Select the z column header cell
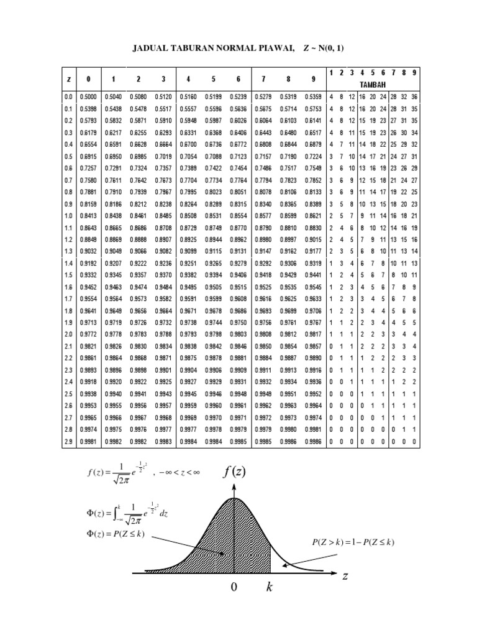point(68,79)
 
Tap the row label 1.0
point(68,215)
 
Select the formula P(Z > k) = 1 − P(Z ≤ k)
point(353,542)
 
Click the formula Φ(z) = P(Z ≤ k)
point(115,534)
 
